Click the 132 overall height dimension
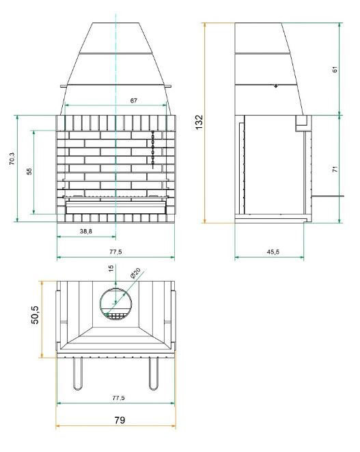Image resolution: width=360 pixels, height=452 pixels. click(199, 122)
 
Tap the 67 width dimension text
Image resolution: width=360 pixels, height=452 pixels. click(134, 101)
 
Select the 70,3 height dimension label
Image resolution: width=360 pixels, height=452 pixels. click(12, 159)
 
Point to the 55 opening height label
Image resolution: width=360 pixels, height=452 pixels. click(29, 172)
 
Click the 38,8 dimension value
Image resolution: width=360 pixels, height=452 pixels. click(86, 231)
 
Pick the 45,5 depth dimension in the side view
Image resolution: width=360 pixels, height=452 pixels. click(273, 252)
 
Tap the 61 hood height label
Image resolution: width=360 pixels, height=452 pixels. click(335, 69)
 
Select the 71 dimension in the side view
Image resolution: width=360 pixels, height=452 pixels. click(335, 169)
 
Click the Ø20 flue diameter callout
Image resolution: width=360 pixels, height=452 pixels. click(135, 273)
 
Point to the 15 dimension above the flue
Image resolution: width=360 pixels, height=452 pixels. click(111, 268)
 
